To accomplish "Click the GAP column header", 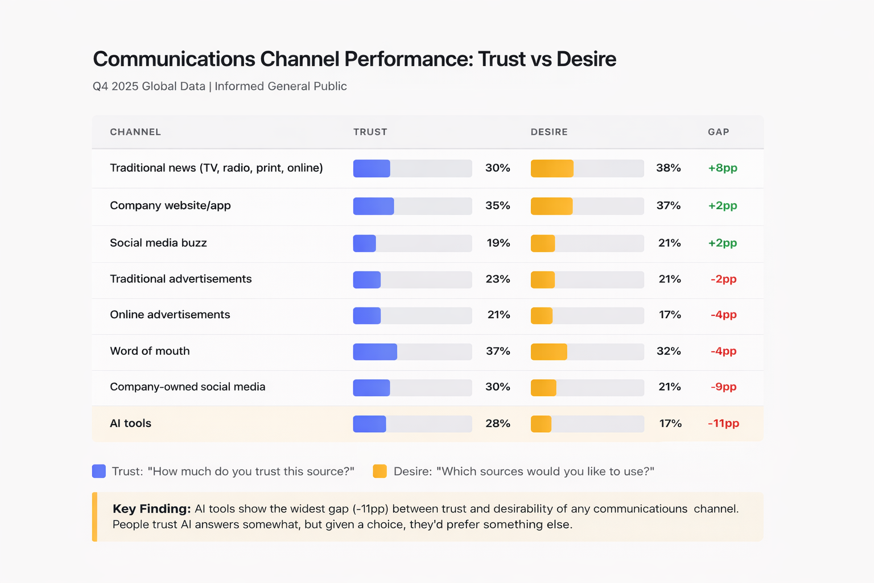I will pyautogui.click(x=718, y=132).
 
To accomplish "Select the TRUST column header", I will pyautogui.click(x=370, y=132).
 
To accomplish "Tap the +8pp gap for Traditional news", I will pyautogui.click(x=723, y=168).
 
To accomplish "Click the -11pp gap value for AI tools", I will pyautogui.click(x=723, y=423).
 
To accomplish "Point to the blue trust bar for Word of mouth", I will pyautogui.click(x=375, y=352).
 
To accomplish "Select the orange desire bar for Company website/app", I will pyautogui.click(x=551, y=206).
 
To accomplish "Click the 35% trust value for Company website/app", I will pyautogui.click(x=497, y=206).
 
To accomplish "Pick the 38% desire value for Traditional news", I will pyautogui.click(x=668, y=168).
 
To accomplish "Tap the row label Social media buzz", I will pyautogui.click(x=158, y=243).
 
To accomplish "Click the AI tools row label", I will pyautogui.click(x=130, y=423).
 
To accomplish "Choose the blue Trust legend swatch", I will pyautogui.click(x=99, y=471).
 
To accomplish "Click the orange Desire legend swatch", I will pyautogui.click(x=380, y=471).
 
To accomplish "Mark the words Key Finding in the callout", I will pyautogui.click(x=151, y=508).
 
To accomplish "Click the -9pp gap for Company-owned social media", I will pyautogui.click(x=723, y=387).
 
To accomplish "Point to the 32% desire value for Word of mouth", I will pyautogui.click(x=669, y=351).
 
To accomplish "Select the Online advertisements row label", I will pyautogui.click(x=170, y=315).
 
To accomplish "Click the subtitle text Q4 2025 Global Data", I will pyautogui.click(x=149, y=87).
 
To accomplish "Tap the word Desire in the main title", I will pyautogui.click(x=586, y=59).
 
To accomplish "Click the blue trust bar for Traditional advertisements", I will pyautogui.click(x=367, y=280).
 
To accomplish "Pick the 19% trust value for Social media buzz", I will pyautogui.click(x=498, y=243).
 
